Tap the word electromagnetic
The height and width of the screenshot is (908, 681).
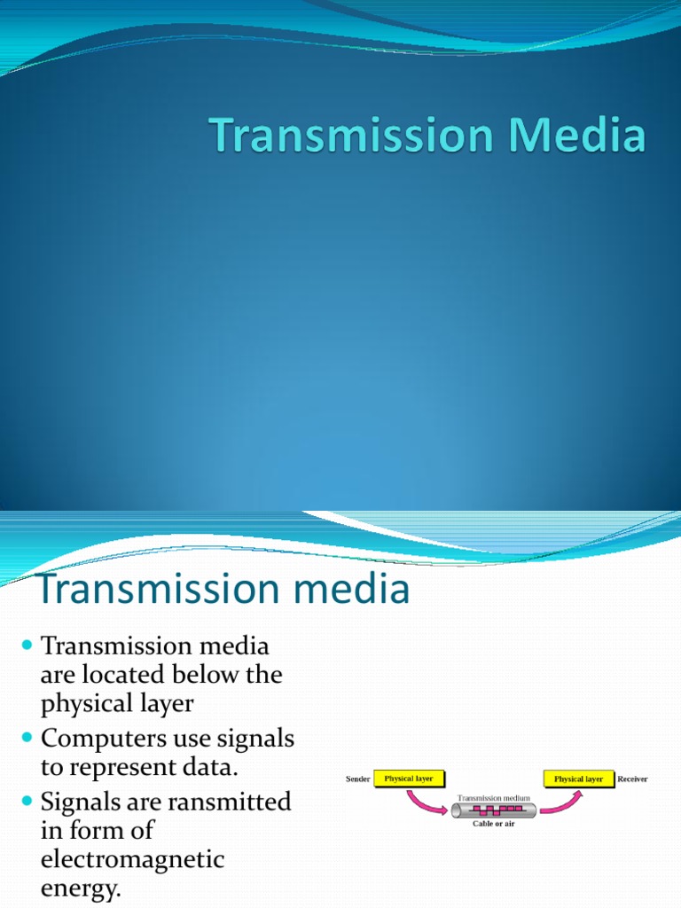point(133,859)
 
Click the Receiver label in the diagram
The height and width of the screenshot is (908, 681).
point(632,779)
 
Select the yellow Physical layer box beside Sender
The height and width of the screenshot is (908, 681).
point(408,779)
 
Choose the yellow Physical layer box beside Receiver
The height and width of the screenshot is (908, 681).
point(578,779)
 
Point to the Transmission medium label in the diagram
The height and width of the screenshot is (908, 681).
point(494,798)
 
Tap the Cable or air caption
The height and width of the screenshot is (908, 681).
point(493,824)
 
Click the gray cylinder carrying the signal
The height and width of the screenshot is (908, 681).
point(493,810)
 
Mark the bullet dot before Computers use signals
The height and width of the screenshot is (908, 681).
point(25,739)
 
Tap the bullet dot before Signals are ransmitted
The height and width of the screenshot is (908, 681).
point(25,802)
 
